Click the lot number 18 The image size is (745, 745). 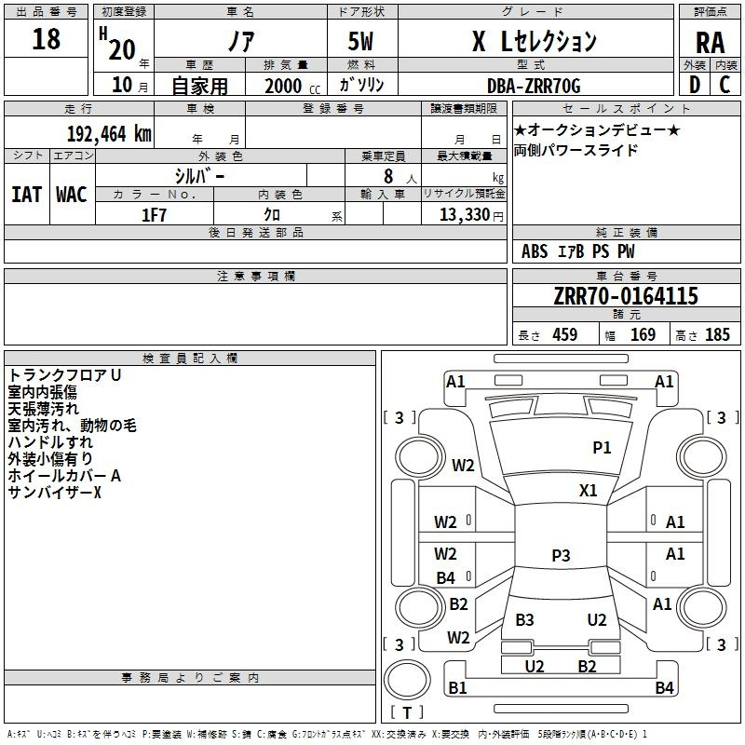point(46,39)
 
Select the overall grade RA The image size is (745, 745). point(710,43)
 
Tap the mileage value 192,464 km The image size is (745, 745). point(109,134)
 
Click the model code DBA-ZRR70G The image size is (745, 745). point(534,86)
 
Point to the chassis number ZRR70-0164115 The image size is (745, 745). point(626,296)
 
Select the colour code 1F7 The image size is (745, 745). point(154,215)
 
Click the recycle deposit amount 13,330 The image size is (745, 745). point(464,215)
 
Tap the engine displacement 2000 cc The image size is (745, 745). point(292,86)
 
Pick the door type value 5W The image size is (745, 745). point(360,41)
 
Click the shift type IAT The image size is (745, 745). point(27,195)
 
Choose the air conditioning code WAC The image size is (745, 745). point(72,195)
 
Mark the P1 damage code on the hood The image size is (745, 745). point(602,448)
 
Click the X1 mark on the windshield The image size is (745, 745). point(588,491)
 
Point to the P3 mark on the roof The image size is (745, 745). point(561,555)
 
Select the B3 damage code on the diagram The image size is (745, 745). point(524,620)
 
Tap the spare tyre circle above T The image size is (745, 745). point(407,680)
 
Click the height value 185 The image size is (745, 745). point(717,335)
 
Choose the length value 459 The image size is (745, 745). point(565,335)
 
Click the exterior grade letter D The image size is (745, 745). point(695,85)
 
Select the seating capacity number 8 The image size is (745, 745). point(388,176)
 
